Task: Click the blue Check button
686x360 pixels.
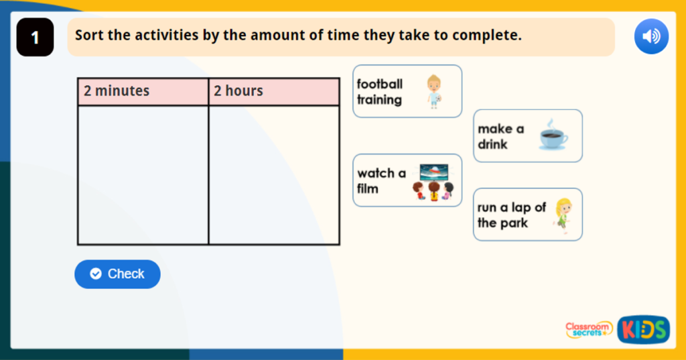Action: point(117,274)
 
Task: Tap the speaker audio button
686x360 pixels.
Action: point(651,36)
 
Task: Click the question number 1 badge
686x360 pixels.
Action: point(35,38)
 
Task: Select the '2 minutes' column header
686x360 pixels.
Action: point(143,91)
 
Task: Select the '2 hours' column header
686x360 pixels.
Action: point(274,91)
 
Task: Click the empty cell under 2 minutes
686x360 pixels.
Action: point(143,175)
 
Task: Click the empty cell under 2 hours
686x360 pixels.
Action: point(274,175)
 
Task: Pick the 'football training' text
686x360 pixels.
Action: point(380,92)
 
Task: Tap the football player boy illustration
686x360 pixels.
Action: point(434,92)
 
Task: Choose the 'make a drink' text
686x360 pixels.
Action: point(501,136)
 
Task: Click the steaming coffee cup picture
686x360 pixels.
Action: point(553,136)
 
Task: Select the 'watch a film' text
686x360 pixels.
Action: point(381,181)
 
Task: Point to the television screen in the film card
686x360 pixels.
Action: point(434,172)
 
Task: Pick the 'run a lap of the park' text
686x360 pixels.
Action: point(511,215)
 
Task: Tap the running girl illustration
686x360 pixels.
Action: point(563,215)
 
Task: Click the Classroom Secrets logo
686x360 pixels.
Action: point(589,328)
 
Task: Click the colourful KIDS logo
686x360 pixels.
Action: point(643,329)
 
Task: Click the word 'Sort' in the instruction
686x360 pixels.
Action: point(89,36)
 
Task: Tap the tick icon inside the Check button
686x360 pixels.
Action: point(96,274)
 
